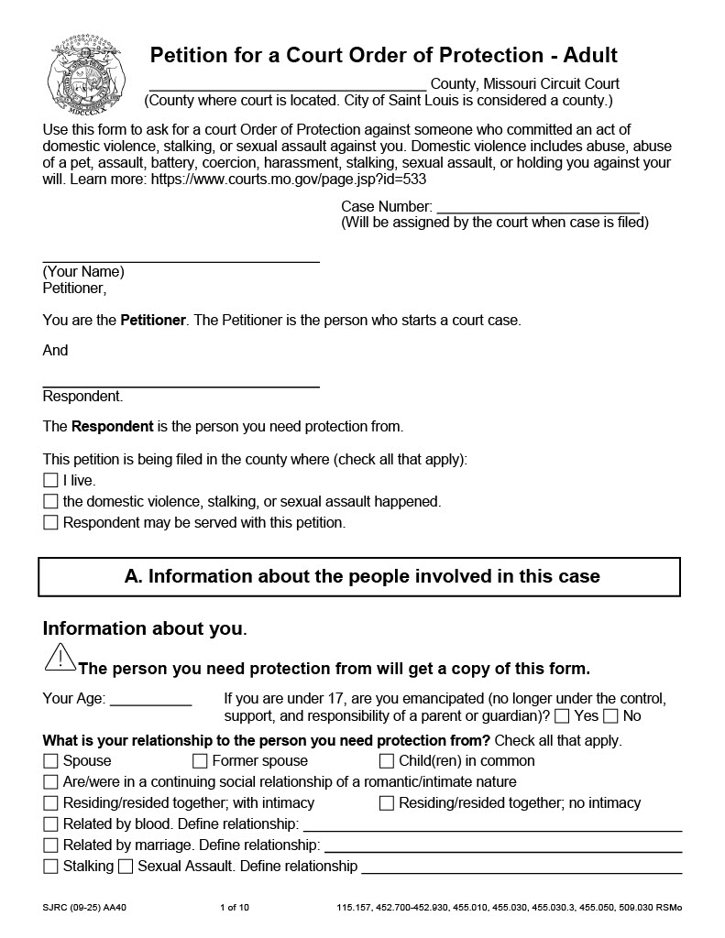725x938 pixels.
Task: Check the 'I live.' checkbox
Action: point(50,481)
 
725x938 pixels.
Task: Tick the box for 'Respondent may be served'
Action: point(50,523)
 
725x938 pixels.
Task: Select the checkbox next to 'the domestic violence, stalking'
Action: point(50,502)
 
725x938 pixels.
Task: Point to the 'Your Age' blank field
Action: point(150,702)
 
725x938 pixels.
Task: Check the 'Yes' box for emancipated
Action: point(562,716)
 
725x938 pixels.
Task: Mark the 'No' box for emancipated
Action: point(610,716)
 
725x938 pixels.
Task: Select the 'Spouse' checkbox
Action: point(50,761)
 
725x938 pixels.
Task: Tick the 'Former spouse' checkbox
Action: point(200,761)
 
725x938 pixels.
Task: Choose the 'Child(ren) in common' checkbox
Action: point(386,761)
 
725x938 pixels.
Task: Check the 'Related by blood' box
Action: point(50,824)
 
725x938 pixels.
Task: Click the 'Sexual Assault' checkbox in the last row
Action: point(126,867)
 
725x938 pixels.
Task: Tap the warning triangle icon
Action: point(59,658)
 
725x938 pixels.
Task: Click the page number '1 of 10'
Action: point(235,908)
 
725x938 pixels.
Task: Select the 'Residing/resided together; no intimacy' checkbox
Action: point(386,803)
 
